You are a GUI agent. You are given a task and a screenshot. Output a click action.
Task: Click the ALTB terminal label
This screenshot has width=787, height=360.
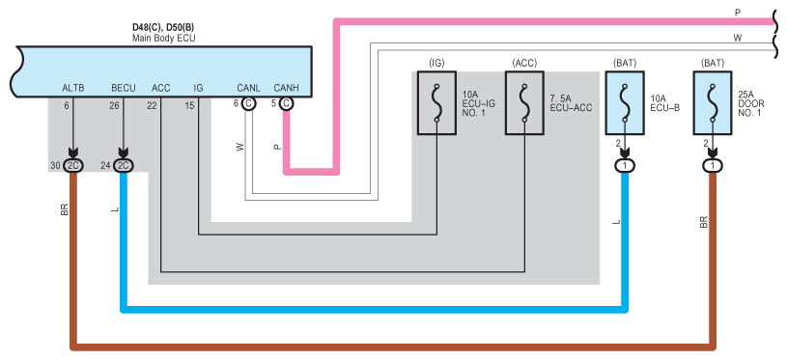[73, 88]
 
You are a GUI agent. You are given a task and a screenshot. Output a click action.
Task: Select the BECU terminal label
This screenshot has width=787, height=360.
[124, 88]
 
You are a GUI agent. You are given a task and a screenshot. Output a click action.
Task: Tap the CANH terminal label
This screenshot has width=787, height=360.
[286, 88]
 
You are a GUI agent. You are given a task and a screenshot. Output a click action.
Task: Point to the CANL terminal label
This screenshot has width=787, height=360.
[248, 88]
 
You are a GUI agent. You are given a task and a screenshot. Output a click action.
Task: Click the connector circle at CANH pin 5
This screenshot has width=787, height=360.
[286, 104]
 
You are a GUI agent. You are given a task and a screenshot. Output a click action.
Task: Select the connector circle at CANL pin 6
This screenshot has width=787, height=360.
[248, 104]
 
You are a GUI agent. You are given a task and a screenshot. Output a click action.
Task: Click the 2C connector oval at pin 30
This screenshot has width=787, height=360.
[73, 165]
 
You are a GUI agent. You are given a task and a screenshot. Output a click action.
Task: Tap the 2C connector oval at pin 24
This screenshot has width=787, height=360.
[124, 165]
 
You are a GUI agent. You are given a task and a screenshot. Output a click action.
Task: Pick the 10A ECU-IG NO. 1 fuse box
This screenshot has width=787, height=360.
[436, 102]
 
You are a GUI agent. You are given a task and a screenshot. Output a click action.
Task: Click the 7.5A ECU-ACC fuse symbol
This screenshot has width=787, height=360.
[524, 102]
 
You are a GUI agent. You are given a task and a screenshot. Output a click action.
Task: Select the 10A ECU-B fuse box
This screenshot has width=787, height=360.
[625, 102]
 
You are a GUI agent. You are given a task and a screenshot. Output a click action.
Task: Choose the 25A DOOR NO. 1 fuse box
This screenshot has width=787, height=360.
[713, 102]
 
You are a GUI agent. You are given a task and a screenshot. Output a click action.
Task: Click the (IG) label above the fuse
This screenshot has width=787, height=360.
[436, 63]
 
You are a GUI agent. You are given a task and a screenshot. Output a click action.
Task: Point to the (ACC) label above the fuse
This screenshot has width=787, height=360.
[524, 63]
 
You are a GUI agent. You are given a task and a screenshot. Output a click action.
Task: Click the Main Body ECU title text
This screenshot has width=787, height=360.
[163, 38]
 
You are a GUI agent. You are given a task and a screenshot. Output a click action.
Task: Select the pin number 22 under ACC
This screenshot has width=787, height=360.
[152, 105]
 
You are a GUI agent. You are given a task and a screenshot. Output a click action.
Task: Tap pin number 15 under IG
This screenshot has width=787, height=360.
[188, 105]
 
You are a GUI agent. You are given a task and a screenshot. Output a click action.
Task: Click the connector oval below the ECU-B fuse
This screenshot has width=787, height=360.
[625, 165]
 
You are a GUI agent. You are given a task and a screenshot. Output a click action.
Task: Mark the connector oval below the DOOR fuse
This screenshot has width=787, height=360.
[713, 165]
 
